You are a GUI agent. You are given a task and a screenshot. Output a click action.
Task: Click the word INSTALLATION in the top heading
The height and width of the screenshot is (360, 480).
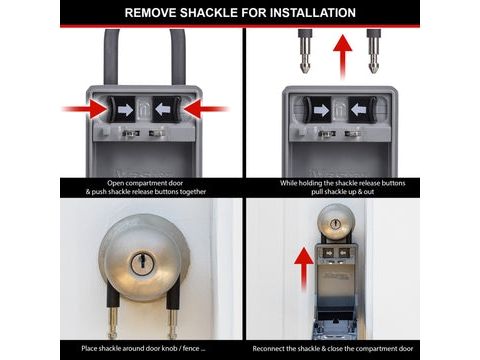pyautogui.click(x=313, y=13)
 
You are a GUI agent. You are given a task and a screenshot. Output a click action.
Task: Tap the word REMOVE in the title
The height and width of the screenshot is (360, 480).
pyautogui.click(x=150, y=13)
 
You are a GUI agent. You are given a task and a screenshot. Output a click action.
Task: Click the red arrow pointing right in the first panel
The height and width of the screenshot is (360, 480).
pyautogui.click(x=85, y=109)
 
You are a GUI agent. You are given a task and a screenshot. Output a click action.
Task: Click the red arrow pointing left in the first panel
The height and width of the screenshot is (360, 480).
pyautogui.click(x=206, y=109)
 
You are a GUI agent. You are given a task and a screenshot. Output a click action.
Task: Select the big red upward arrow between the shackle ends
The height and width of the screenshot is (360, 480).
pyautogui.click(x=342, y=57)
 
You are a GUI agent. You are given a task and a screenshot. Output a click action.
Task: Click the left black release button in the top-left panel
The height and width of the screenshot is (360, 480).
pyautogui.click(x=121, y=109)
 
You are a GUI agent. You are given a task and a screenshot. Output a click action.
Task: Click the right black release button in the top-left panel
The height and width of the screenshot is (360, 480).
pyautogui.click(x=166, y=109)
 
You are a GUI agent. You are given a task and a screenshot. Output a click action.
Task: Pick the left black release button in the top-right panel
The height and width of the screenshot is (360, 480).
pyautogui.click(x=317, y=110)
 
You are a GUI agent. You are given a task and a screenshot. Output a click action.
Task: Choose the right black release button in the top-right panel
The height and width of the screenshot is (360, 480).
pyautogui.click(x=362, y=110)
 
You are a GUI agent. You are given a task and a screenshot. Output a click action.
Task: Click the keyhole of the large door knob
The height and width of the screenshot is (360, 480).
pyautogui.click(x=142, y=264)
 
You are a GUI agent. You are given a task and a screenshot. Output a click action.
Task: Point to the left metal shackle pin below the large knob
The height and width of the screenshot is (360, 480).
pyautogui.click(x=113, y=322)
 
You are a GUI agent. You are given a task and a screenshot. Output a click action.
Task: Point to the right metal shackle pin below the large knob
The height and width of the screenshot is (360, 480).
pyautogui.click(x=173, y=322)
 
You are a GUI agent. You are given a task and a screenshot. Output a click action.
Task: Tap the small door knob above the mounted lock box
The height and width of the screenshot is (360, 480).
pyautogui.click(x=335, y=222)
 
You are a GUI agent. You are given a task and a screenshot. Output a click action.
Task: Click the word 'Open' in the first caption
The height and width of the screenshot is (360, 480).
pyautogui.click(x=115, y=183)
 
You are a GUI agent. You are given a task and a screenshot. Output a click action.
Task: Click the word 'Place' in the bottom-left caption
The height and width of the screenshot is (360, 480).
pyautogui.click(x=90, y=349)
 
